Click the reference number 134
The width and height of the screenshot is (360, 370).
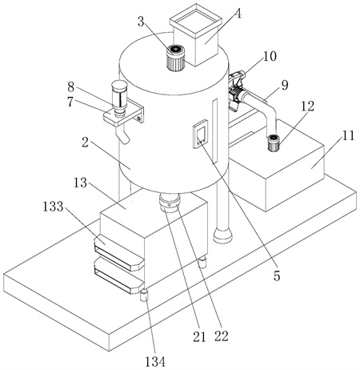tap(155, 362)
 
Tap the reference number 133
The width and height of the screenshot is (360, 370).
tap(54, 207)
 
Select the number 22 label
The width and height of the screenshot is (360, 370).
tap(222, 336)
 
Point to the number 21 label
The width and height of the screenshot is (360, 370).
tap(200, 337)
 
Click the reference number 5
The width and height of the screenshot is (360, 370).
tap(277, 276)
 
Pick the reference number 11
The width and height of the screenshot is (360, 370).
tap(348, 135)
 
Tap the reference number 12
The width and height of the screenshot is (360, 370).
tap(308, 106)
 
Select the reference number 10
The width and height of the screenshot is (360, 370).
tap(270, 56)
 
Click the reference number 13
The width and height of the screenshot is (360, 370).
tap(80, 183)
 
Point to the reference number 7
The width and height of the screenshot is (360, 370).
tap(70, 102)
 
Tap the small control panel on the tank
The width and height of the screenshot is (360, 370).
tap(200, 134)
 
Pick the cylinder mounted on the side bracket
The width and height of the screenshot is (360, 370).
tap(119, 98)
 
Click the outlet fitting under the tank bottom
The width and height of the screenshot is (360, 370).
tap(169, 203)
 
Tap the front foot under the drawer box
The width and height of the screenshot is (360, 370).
tap(145, 296)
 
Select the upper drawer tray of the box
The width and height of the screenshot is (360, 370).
tap(119, 252)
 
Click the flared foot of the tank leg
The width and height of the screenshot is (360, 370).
tap(223, 235)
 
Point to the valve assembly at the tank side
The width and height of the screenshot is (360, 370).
tap(237, 89)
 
